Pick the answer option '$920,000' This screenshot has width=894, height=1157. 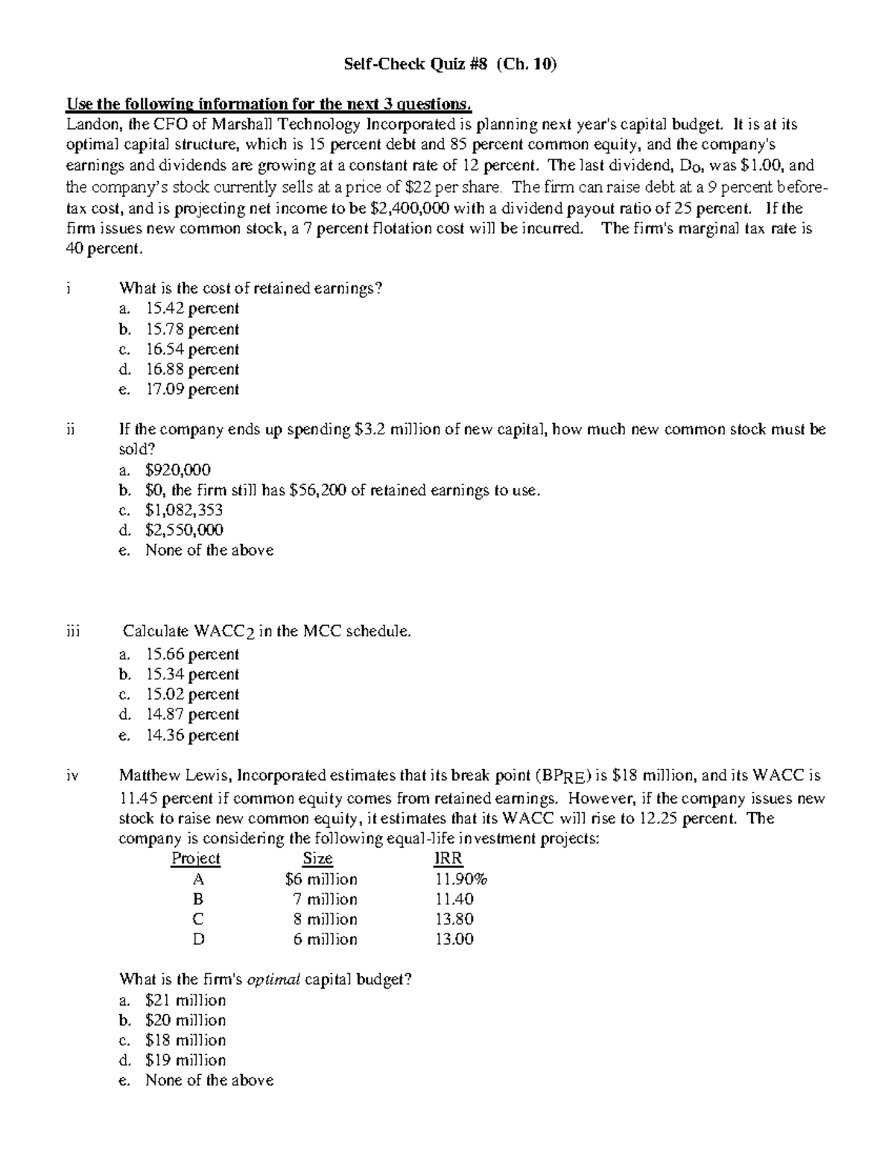(178, 469)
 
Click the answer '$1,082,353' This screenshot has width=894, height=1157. (184, 510)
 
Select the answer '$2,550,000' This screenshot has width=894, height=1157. (184, 530)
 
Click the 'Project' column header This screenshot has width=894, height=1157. (196, 858)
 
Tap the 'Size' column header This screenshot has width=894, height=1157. (317, 858)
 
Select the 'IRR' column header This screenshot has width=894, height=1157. (448, 858)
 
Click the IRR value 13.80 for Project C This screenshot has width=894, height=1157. (454, 919)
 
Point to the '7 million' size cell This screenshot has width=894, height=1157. (325, 899)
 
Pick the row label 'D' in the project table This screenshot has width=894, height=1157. (198, 939)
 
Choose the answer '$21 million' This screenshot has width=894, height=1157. (186, 1000)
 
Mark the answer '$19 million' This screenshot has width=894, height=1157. (186, 1060)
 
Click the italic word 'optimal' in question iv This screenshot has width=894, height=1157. (273, 980)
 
